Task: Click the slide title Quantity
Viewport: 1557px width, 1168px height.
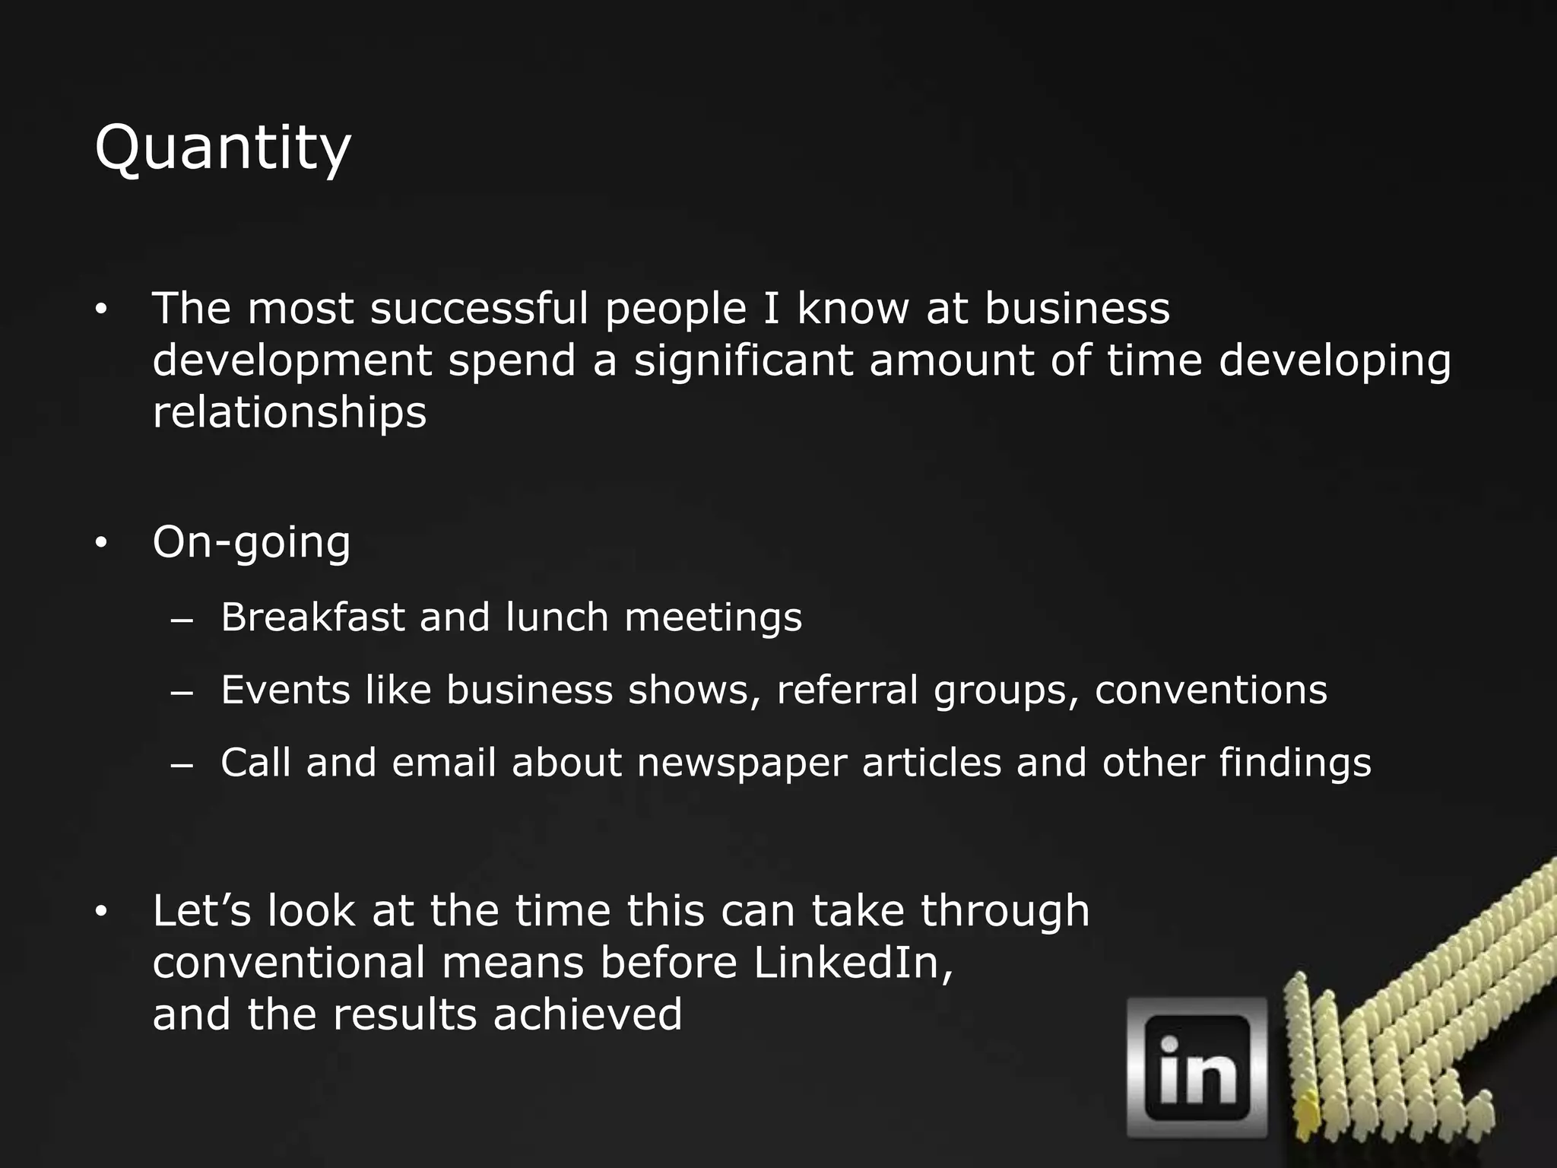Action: click(x=222, y=148)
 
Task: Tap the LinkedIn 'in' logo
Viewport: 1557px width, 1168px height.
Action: click(x=1197, y=1067)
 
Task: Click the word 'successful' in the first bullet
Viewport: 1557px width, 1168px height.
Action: click(x=479, y=309)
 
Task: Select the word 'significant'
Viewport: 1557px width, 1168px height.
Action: click(x=743, y=360)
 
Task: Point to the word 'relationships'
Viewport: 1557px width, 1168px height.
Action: click(x=290, y=412)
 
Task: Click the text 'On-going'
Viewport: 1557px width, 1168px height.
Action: click(x=252, y=543)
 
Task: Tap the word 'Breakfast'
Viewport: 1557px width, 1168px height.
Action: click(x=312, y=617)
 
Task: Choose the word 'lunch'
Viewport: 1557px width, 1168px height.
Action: click(x=557, y=617)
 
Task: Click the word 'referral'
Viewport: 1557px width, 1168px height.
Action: click(x=847, y=690)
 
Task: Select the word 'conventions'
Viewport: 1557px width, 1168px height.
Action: click(x=1210, y=690)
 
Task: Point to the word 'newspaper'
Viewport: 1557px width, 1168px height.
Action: click(x=741, y=763)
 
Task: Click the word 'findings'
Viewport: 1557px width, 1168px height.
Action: click(x=1295, y=763)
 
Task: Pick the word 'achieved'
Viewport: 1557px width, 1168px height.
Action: click(x=587, y=1014)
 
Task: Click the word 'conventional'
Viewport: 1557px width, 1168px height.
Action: click(x=289, y=963)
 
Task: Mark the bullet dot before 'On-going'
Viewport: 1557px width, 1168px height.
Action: click(x=102, y=543)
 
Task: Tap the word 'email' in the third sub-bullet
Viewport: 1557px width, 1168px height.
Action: click(x=444, y=763)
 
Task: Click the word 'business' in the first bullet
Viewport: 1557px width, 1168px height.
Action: click(x=1077, y=309)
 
